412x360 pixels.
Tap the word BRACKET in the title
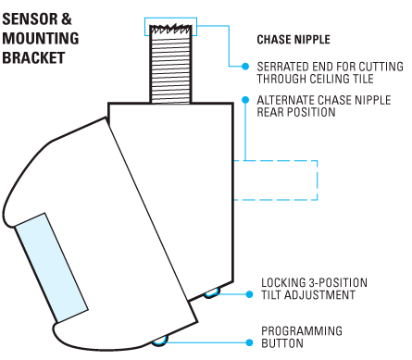pos(33,57)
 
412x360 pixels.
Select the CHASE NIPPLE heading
pos(293,40)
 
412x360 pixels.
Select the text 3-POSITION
pos(338,283)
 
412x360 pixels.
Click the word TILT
pos(271,295)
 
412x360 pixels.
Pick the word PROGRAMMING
pos(302,331)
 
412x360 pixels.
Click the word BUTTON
pos(282,343)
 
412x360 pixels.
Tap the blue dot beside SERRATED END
pos(245,67)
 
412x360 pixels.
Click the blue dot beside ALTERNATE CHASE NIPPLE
pos(245,100)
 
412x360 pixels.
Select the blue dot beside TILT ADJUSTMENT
pos(249,294)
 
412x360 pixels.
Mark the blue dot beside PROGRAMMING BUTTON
pos(249,342)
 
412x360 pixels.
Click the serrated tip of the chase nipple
pos(170,29)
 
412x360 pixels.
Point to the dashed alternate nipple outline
pos(318,180)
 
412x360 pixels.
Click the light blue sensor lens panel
pos(52,267)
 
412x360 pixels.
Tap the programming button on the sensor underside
pos(160,341)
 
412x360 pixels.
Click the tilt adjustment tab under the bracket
pos(212,292)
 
